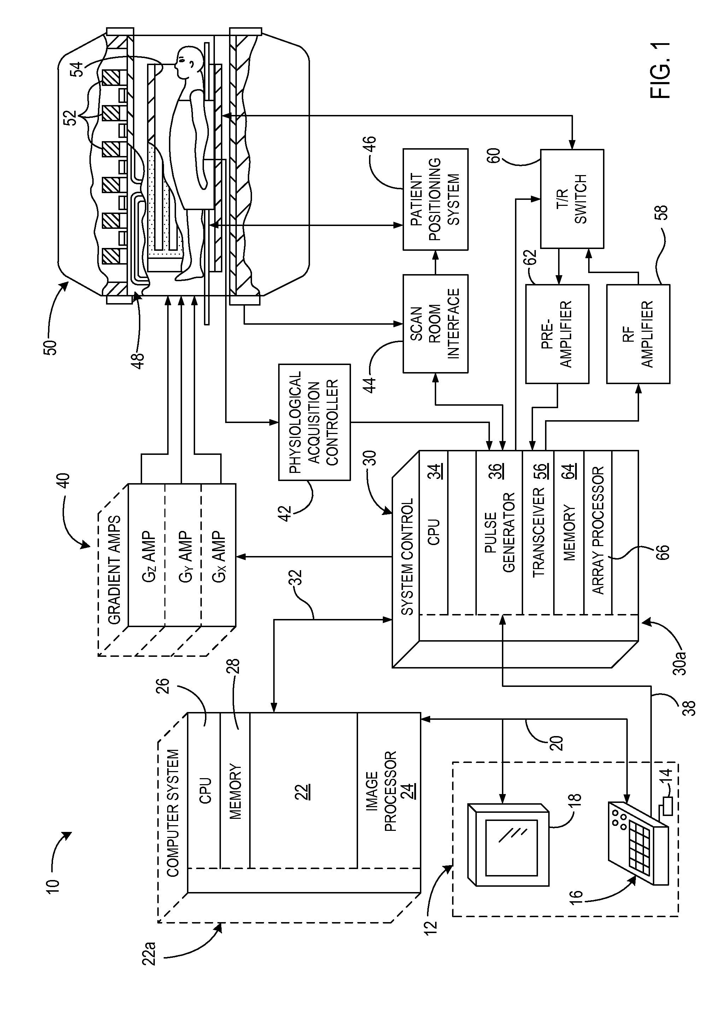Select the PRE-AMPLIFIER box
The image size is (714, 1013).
[x=557, y=334]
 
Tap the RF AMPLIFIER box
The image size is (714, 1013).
[x=638, y=334]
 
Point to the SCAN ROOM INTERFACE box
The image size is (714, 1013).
[x=435, y=323]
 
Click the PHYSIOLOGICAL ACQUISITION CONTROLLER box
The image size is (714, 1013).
[x=314, y=422]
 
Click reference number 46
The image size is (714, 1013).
[x=370, y=144]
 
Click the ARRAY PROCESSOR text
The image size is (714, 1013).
[x=598, y=529]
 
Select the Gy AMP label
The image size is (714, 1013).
[x=185, y=557]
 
